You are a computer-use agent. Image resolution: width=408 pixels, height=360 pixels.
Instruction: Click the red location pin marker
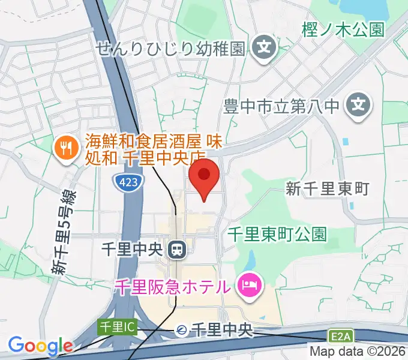204,176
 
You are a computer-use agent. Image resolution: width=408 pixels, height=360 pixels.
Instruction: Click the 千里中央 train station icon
177,248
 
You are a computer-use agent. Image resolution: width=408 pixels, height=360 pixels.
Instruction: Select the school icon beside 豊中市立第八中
359,107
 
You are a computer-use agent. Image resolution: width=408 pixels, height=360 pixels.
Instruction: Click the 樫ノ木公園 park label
343,31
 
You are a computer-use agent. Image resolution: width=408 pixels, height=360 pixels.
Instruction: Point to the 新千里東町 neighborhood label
327,190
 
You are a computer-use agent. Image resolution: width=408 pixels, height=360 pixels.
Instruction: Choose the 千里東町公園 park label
277,233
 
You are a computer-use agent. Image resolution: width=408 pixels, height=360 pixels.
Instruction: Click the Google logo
40,346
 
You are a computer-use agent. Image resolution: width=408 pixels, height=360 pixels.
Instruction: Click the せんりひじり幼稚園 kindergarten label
171,47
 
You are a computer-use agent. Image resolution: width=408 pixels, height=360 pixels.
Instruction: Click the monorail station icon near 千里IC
181,329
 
